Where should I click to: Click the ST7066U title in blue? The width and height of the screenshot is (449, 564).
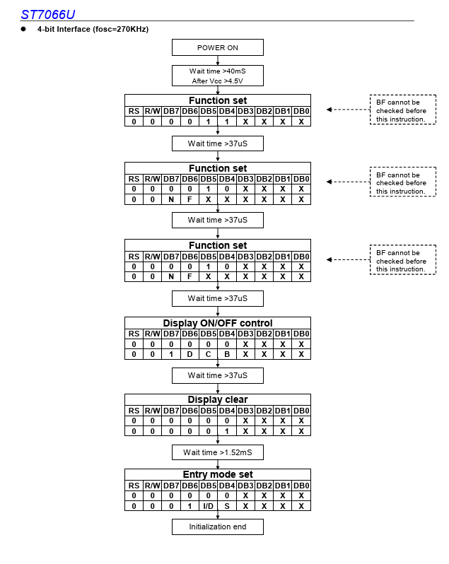coord(48,14)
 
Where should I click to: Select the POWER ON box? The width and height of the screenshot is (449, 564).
coord(218,47)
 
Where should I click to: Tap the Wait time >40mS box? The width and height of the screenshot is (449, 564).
coord(218,76)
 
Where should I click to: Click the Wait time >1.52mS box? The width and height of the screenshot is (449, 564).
coord(218,452)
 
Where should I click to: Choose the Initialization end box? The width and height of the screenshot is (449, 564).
coord(218,527)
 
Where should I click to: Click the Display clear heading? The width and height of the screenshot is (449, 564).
coord(218,399)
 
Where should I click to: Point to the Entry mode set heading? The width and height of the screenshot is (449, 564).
coord(218,474)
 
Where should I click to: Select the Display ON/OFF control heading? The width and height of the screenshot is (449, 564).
coord(218,323)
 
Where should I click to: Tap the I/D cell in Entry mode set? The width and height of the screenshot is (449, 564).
coord(209,506)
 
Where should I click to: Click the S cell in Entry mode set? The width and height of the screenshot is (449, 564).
coord(227,506)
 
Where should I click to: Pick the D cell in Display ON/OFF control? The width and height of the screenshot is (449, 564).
coord(189,354)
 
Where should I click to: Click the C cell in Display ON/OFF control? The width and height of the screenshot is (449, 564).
coord(209,354)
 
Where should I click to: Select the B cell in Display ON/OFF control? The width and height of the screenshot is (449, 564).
coord(227,354)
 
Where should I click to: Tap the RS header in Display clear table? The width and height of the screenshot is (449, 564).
coord(134,411)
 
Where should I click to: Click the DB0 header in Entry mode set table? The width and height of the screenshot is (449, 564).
coord(301,486)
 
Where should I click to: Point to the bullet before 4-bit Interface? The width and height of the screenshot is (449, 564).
coord(23,29)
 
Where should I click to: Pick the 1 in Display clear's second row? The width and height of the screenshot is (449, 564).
coord(227,431)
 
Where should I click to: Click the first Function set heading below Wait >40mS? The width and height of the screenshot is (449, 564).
coord(218,100)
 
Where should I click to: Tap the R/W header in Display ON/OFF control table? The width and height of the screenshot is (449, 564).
coord(153,334)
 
